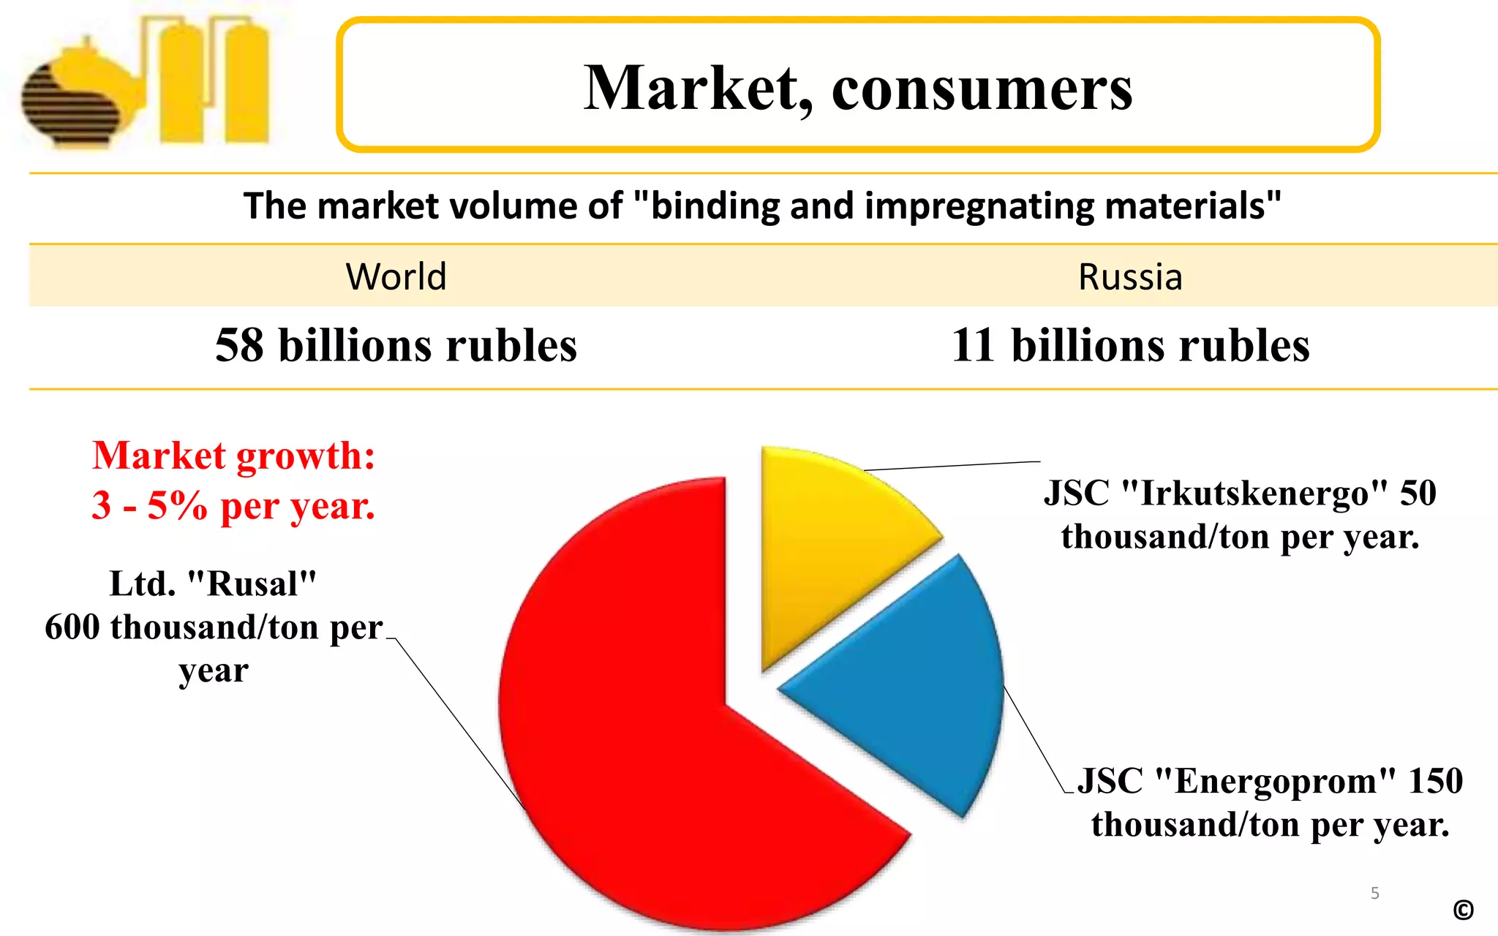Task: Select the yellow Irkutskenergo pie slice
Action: pos(827,541)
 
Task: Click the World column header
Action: pos(396,276)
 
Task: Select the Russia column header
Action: pos(1130,276)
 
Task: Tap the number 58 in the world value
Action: pos(239,345)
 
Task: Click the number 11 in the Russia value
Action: pos(973,345)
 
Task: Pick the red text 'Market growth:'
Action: pos(233,456)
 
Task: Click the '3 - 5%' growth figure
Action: pos(149,505)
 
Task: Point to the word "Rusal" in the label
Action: pos(252,584)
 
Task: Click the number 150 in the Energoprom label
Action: pos(1435,781)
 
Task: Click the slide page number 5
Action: pos(1375,893)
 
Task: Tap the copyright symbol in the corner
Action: pos(1463,910)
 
